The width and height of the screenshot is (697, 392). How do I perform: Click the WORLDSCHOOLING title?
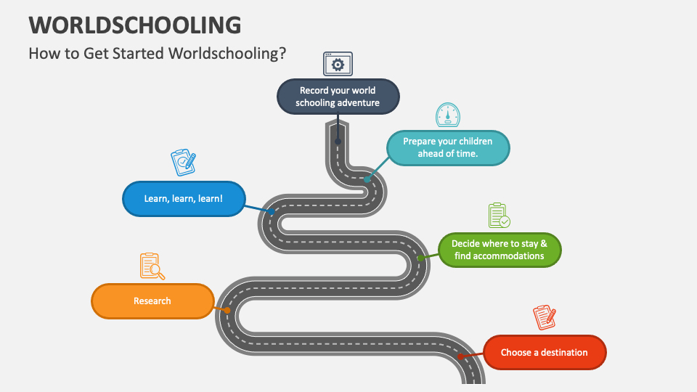135,25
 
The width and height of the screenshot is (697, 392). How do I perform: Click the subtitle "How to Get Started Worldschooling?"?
158,53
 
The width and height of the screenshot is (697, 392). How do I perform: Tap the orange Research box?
152,301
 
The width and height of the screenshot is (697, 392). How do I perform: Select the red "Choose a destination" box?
545,353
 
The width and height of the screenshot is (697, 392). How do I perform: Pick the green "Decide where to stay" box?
500,250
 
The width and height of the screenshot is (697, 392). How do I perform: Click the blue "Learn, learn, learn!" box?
184,199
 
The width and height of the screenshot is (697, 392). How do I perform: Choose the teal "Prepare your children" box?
448,147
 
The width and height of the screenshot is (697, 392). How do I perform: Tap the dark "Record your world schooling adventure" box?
338,97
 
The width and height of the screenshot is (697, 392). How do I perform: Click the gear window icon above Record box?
338,64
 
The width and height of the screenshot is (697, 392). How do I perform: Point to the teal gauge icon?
448,115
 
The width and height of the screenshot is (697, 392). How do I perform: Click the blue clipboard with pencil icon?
184,162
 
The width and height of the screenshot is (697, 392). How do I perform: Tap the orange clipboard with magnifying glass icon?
152,266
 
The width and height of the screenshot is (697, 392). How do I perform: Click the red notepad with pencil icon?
545,317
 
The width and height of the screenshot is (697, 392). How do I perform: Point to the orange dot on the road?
227,310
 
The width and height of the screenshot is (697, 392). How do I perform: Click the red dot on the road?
461,356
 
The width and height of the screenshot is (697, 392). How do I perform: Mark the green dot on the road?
420,258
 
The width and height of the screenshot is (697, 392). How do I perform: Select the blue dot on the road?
272,211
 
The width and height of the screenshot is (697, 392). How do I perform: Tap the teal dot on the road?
367,179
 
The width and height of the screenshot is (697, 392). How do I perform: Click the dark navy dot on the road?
338,142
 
